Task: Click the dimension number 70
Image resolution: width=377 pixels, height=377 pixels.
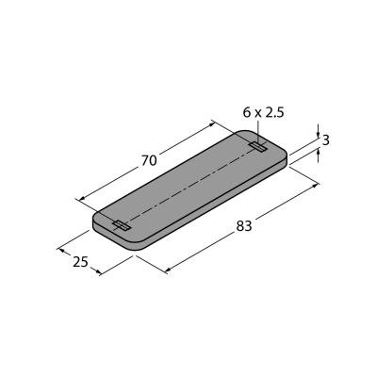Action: click(149, 161)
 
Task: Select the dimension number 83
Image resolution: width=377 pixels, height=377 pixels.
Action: click(244, 226)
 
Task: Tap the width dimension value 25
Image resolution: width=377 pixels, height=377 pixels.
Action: click(80, 262)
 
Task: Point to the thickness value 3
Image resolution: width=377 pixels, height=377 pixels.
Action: click(326, 140)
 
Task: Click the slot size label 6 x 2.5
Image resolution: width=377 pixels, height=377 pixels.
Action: click(263, 112)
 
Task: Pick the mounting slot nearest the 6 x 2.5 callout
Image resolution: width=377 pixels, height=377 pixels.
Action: click(258, 146)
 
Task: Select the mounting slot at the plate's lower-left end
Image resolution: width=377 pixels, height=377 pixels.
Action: click(122, 225)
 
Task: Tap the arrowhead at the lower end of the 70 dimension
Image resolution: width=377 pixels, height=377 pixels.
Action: click(82, 198)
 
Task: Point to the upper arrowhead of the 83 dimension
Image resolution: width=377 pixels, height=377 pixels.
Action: click(315, 186)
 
